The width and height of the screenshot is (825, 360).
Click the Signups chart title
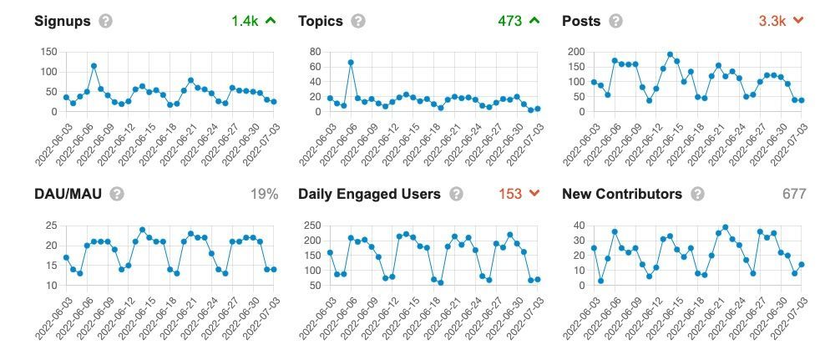(62, 21)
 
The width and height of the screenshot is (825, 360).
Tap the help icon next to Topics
(357, 21)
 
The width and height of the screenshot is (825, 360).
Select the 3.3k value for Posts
(772, 21)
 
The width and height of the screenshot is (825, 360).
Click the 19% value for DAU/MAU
(264, 194)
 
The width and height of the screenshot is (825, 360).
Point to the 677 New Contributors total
(794, 194)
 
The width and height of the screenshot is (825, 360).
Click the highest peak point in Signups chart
(94, 66)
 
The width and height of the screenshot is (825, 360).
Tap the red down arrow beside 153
(534, 194)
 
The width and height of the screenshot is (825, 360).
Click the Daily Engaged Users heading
(369, 194)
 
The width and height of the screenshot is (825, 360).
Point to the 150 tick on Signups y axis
(48, 52)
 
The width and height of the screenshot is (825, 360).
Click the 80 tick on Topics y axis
(315, 52)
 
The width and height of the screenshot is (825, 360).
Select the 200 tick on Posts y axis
(575, 52)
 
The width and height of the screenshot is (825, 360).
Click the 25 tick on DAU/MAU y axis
(50, 226)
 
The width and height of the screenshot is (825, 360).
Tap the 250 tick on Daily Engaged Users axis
(311, 226)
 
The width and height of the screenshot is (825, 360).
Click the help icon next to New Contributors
(696, 194)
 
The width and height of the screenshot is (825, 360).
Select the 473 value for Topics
(510, 21)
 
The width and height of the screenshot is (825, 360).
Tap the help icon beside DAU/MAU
(117, 194)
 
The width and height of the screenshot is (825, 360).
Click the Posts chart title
(581, 21)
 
